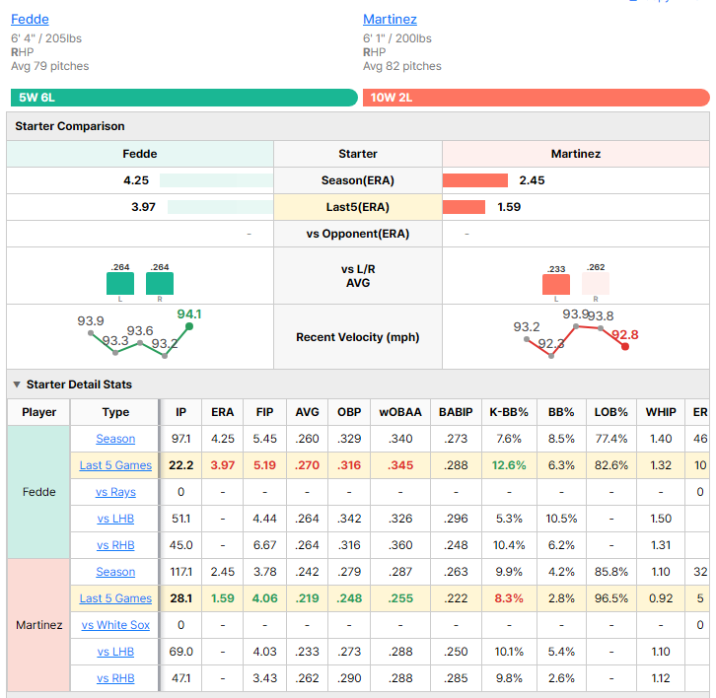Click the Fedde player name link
30,19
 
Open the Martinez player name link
390,19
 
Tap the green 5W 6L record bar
184,98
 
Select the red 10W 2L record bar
537,98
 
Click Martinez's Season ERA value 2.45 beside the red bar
532,180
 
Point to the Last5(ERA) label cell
358,207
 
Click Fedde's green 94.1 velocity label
189,314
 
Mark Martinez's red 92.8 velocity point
625,346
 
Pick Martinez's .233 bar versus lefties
555,284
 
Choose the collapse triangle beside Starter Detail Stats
17,384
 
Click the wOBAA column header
400,412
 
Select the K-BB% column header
509,412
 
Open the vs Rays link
115,492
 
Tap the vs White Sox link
115,625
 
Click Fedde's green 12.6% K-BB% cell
509,465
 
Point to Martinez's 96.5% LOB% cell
611,598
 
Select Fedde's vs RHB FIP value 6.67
264,545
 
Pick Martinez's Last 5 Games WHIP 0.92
661,598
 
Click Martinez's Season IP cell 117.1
180,572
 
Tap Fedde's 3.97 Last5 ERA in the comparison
143,207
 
